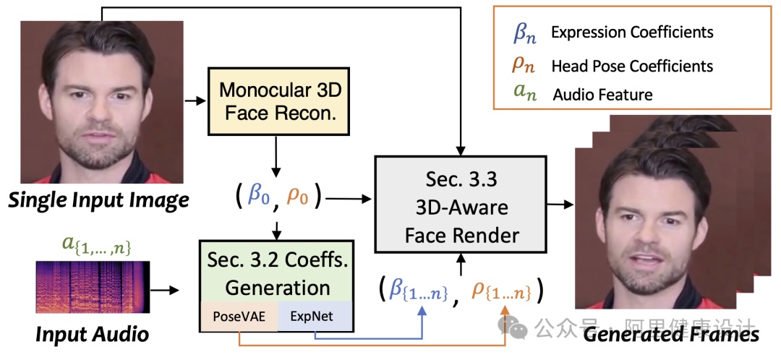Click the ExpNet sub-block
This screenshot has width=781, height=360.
point(312,317)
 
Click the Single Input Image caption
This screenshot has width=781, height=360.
point(98,200)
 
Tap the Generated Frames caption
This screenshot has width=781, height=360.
point(671,334)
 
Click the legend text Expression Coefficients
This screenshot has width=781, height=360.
point(631,33)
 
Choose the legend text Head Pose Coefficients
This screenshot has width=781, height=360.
point(631,66)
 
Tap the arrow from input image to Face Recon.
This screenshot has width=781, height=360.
point(194,100)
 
